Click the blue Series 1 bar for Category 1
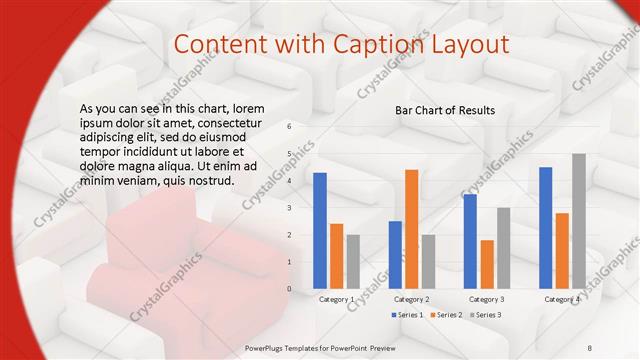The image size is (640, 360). [320, 230]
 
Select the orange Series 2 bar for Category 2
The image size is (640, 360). [411, 229]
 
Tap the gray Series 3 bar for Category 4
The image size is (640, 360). [579, 221]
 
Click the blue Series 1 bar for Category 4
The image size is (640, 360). [546, 227]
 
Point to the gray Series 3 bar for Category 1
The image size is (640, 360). [353, 261]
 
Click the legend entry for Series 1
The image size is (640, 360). [409, 315]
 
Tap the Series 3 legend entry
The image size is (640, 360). [485, 315]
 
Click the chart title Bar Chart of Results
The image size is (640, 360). [445, 110]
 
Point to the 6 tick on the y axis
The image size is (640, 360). [289, 127]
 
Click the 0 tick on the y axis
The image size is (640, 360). [289, 289]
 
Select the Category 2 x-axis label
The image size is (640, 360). [411, 299]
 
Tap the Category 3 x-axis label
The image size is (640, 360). [487, 299]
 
